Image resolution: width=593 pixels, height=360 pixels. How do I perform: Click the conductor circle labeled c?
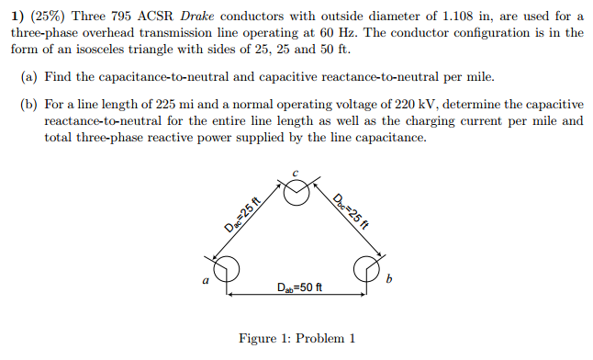296,195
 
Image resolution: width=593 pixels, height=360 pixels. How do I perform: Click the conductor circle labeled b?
366,267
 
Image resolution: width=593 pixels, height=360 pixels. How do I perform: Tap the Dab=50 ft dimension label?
298,288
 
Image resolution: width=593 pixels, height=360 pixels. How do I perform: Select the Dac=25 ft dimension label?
241,217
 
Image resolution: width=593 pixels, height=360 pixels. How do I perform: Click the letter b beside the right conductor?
389,278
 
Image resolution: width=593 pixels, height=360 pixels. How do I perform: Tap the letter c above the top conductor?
296,173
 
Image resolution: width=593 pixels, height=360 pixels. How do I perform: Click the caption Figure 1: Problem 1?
296,339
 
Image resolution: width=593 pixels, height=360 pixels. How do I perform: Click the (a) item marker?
30,75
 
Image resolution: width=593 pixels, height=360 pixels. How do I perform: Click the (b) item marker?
30,105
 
